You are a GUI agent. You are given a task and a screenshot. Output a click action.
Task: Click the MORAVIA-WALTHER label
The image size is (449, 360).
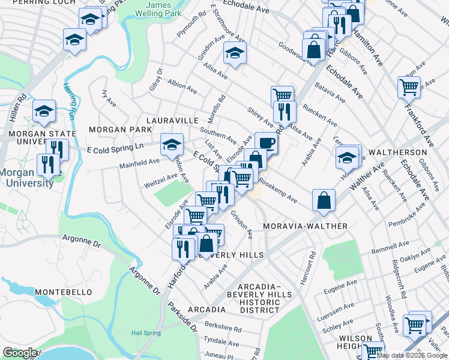coord(306,226)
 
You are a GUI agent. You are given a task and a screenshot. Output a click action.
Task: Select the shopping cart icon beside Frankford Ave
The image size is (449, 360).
coord(409,86)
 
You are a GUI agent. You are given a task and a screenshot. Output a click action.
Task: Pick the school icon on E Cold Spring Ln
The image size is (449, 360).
coord(172,144)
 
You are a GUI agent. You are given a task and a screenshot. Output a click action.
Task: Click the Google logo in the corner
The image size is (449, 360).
coord(20,353)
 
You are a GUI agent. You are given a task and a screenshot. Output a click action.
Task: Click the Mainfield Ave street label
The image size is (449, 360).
coord(139,161)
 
